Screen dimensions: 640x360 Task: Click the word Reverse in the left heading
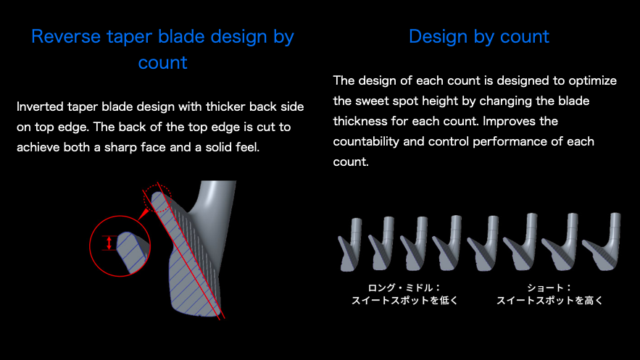66,37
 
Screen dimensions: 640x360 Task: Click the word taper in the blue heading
130,38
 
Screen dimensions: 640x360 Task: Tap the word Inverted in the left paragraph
40,106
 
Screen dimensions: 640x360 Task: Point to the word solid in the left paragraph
217,147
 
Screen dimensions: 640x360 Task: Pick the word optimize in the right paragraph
593,80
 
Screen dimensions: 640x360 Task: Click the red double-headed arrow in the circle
109,243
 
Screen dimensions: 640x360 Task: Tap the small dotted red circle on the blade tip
157,198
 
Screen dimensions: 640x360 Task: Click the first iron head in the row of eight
350,245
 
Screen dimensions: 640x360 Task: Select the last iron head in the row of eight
602,242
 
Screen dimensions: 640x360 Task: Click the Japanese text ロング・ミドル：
404,288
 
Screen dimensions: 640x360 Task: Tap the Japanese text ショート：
549,288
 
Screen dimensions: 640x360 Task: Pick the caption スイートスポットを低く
404,301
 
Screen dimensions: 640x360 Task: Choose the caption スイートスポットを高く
549,301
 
